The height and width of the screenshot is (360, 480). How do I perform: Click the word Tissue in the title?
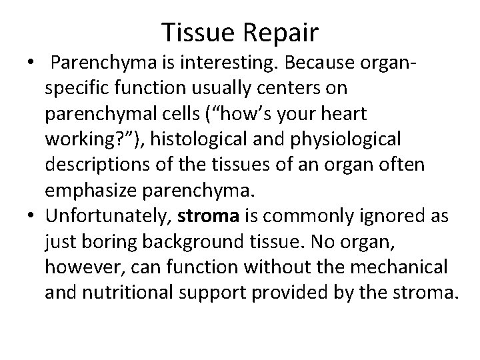(193, 31)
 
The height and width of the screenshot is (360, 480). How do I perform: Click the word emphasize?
(93, 191)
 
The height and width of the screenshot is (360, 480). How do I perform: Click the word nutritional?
(123, 293)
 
